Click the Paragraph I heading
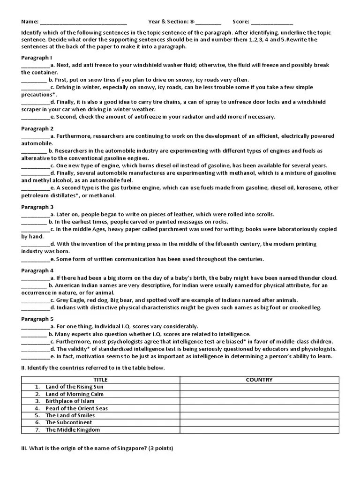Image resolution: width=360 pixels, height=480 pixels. point(37,57)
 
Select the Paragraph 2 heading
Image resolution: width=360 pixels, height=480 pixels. point(37,128)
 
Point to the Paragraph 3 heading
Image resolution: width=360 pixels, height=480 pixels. point(37,207)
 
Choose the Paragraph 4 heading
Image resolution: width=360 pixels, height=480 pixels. point(37,270)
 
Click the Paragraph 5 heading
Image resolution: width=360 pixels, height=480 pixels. point(37,319)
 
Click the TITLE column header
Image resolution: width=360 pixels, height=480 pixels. point(100,380)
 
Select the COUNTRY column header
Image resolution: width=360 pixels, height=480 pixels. point(259,380)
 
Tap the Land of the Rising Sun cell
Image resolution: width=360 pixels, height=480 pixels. point(74,387)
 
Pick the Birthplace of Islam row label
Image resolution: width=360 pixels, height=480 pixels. point(72,401)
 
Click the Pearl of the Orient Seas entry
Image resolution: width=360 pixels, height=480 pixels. point(76,408)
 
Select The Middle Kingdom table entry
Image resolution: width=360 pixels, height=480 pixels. point(72,430)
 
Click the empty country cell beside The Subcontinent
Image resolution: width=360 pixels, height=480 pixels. point(259,422)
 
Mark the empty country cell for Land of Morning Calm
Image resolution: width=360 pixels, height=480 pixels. point(259,394)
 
